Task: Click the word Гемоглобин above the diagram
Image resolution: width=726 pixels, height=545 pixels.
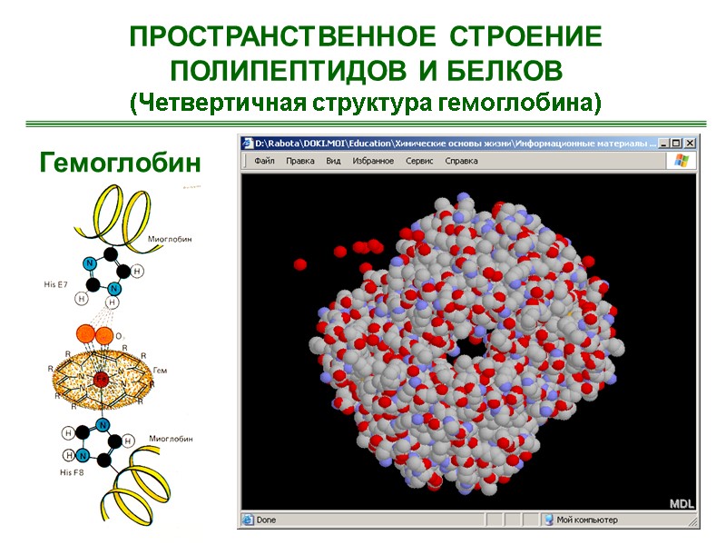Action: tap(120, 163)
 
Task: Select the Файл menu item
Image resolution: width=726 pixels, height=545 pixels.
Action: tap(264, 161)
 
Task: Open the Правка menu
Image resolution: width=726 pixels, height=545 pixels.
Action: tap(299, 161)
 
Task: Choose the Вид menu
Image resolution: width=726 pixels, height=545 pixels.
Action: tap(333, 161)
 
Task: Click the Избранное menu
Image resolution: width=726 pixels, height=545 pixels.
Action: tap(373, 161)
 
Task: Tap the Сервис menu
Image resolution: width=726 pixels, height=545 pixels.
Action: tap(419, 161)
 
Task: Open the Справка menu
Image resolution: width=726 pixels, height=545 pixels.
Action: tap(461, 161)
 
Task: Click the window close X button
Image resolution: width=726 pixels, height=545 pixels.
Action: tap(691, 143)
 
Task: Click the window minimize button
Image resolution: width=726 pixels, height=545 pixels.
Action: tap(663, 143)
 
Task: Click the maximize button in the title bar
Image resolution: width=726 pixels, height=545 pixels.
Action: tap(677, 143)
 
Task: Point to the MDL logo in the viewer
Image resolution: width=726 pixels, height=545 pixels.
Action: tap(682, 503)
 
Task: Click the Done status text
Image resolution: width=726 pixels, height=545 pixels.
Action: tap(265, 520)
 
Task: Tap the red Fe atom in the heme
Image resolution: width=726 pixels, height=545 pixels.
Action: tap(102, 377)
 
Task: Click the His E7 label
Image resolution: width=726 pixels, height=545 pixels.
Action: tap(57, 284)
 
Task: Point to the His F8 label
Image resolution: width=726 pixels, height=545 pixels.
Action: tap(72, 472)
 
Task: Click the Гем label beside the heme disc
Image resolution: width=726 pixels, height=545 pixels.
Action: tap(161, 370)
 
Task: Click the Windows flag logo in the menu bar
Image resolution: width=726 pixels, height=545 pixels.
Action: tap(680, 161)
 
